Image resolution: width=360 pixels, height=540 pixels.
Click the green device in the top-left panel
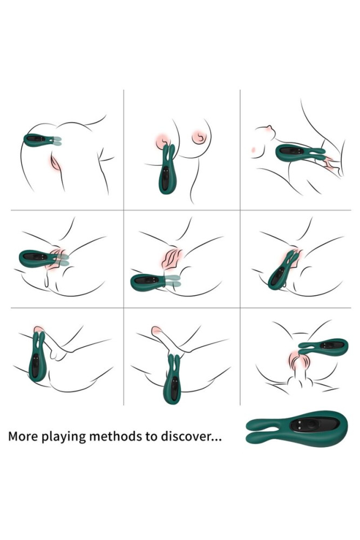[x=39, y=140]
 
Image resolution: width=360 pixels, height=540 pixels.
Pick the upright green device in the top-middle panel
[x=167, y=175]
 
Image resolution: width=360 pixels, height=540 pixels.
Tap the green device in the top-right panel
[x=294, y=152]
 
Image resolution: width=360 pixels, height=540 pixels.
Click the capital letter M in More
[x=14, y=436]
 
